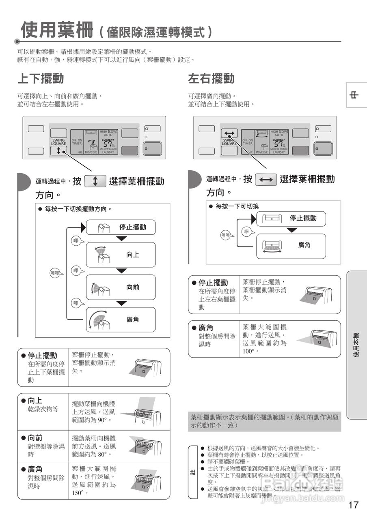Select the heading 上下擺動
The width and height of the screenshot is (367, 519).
coord(41,78)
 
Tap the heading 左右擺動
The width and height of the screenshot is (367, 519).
coord(211,78)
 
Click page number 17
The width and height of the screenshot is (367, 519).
coord(353,505)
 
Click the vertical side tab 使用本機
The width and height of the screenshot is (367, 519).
coord(356,345)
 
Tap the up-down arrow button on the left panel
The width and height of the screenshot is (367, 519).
coord(58,151)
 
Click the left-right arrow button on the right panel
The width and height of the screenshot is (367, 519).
coord(229,133)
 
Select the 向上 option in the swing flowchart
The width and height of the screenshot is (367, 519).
coord(121,255)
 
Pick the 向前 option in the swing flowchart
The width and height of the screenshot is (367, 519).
coord(121,287)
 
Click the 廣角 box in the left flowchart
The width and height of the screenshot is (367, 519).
coord(121,320)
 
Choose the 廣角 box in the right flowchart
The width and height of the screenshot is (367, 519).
coord(291,245)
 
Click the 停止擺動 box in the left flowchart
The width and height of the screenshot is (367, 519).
coord(121,227)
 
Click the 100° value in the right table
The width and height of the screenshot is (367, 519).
coord(248,351)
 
